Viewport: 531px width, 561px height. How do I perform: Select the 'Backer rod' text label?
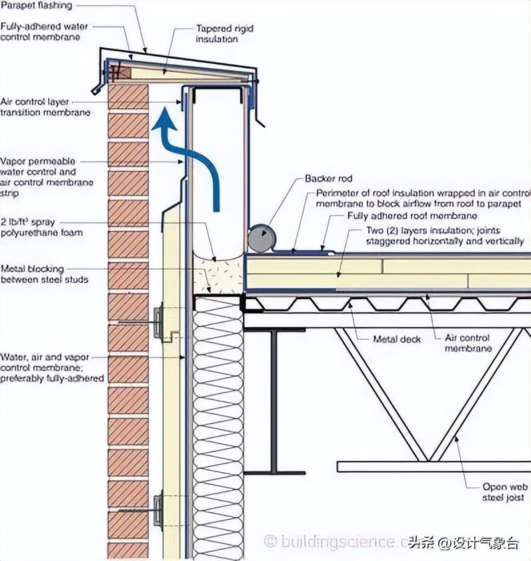click(x=328, y=179)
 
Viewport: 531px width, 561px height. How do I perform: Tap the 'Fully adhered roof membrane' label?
click(x=412, y=216)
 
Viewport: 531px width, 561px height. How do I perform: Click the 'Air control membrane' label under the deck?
click(x=467, y=343)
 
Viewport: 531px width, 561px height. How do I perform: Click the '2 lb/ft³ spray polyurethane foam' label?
click(x=41, y=227)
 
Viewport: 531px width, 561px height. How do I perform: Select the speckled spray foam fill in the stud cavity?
click(x=217, y=275)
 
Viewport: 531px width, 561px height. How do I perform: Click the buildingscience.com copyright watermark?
click(x=340, y=540)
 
